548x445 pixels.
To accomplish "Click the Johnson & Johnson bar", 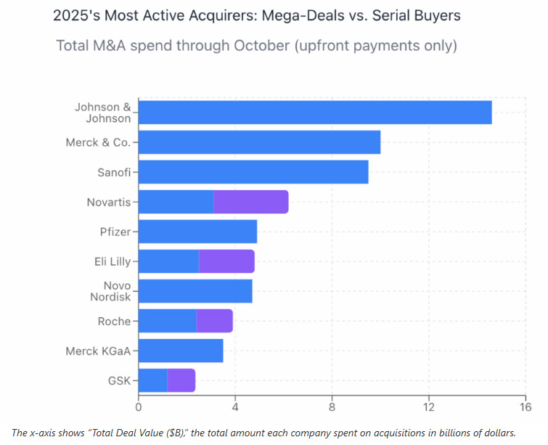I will coord(314,113).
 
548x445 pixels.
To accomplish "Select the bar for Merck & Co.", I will coord(259,142).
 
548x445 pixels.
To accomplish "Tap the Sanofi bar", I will coord(253,172).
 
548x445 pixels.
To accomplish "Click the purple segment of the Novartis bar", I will coord(250,202).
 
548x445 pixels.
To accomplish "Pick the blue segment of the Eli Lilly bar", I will coord(168,261).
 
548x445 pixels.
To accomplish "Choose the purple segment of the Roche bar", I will coord(214,321).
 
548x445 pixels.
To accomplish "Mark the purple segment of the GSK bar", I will coord(181,380).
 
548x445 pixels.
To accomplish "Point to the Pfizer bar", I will coord(197,232).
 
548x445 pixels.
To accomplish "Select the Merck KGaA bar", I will coord(180,351).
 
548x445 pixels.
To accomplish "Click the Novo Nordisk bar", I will coord(195,291).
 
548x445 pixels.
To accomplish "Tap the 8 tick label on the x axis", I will coord(332,406).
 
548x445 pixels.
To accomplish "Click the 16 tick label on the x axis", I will coord(525,406).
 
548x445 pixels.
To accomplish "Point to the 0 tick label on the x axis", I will coord(139,406).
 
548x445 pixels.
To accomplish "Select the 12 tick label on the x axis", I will coord(429,406).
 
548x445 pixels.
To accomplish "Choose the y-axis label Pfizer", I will coord(115,232).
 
